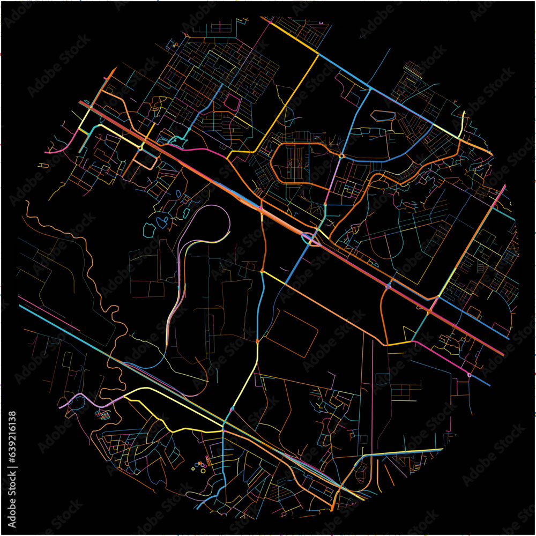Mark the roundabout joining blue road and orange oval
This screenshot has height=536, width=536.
341,156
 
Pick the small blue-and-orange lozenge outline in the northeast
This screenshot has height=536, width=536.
384,115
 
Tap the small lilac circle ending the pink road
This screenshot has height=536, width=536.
470,375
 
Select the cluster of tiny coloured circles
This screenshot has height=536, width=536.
201,466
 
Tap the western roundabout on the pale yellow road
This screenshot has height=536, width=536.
140,147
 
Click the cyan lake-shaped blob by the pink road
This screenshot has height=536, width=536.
177,141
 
